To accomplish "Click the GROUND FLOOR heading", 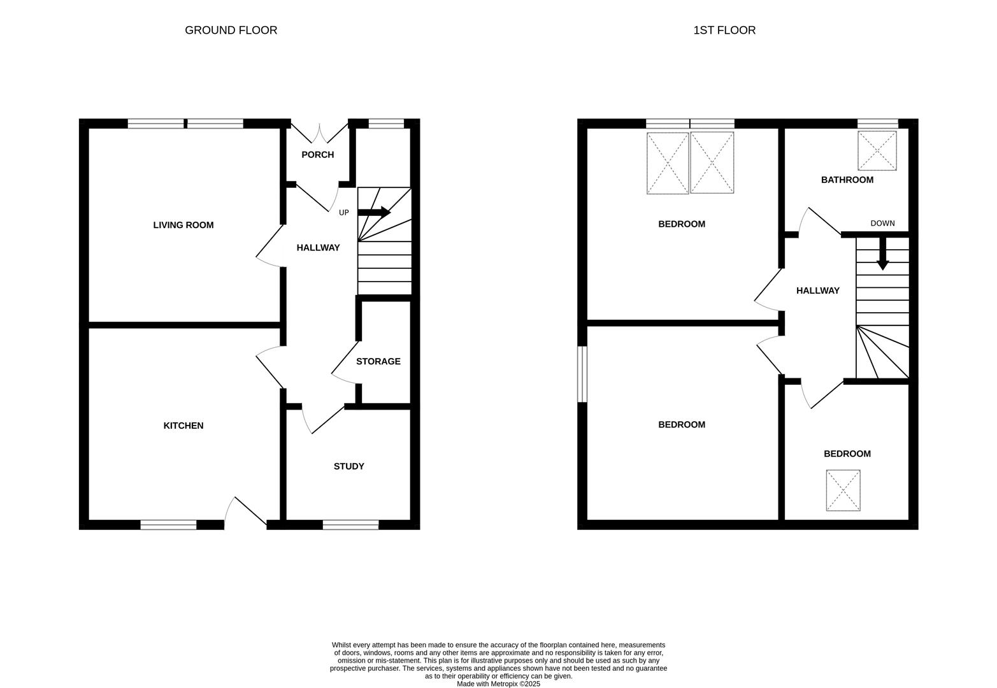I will [x=231, y=31].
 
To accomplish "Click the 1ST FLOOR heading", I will [x=724, y=31].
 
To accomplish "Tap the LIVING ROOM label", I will [x=183, y=226].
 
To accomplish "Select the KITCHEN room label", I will [x=183, y=426].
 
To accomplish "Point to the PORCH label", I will [x=317, y=155].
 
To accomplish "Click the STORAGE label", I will [x=378, y=362].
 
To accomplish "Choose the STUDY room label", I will [x=349, y=467].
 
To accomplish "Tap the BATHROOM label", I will [x=847, y=180].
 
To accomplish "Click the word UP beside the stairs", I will [x=344, y=213].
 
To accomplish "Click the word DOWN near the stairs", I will [x=882, y=224].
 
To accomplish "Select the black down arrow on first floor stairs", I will [x=882, y=254].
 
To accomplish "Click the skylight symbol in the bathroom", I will [x=877, y=151].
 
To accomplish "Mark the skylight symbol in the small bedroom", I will [x=843, y=491].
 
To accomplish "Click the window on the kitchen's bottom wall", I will [x=168, y=525].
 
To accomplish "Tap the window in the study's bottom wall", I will [x=350, y=525].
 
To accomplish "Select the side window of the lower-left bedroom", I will [x=582, y=374].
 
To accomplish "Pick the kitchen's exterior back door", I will [x=246, y=513].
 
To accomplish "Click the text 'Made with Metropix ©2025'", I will [x=498, y=684].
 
